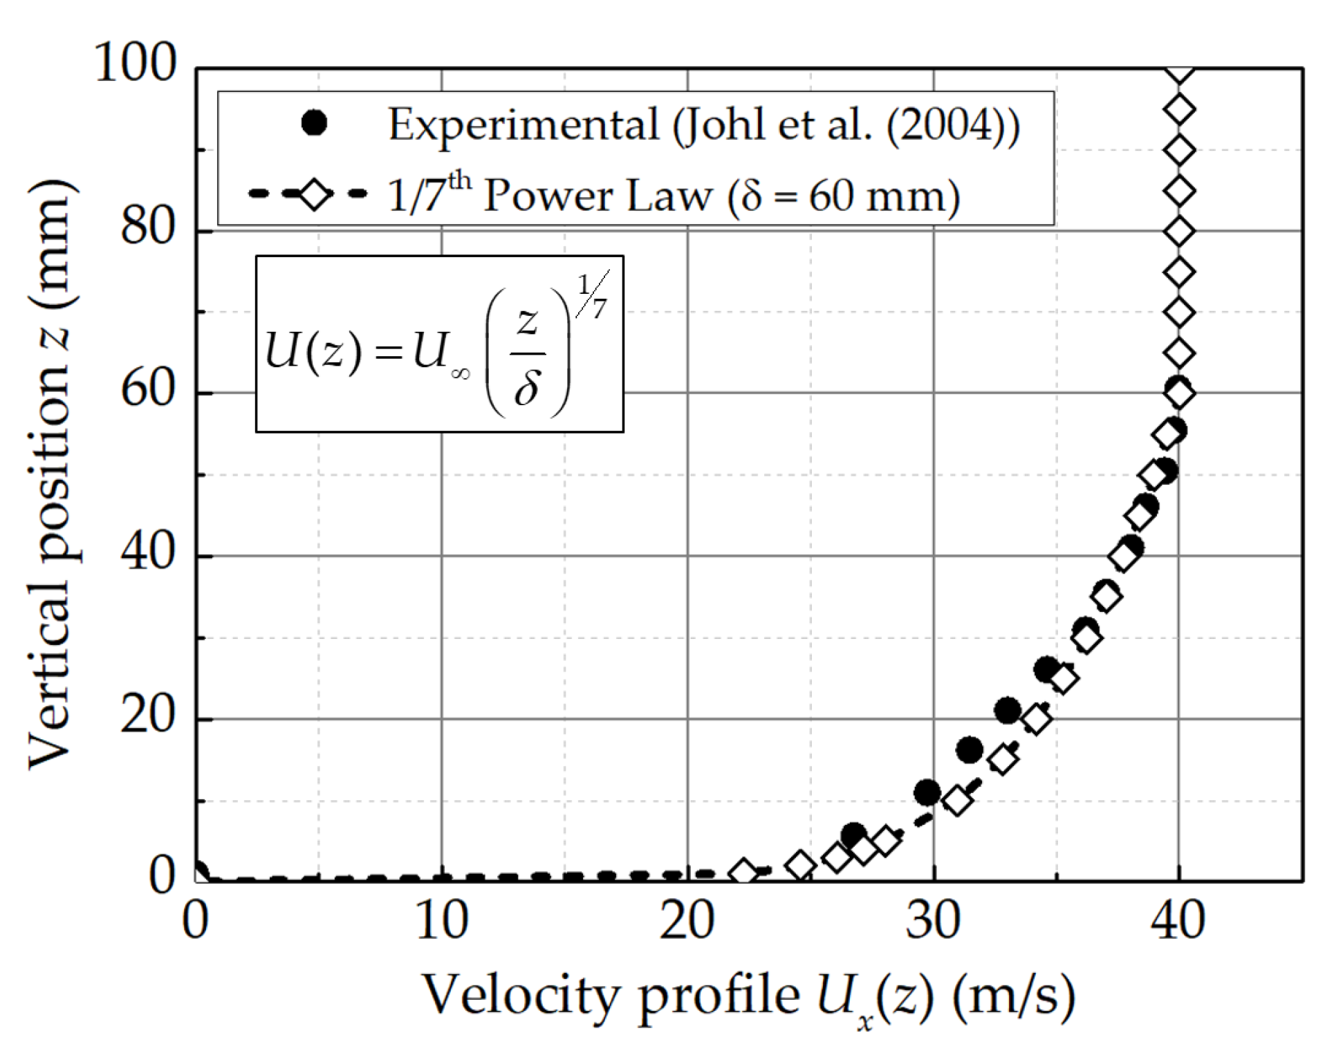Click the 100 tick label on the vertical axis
(136, 63)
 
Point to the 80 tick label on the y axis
(148, 227)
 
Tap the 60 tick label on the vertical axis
(148, 389)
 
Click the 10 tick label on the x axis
(441, 921)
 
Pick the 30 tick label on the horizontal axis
(933, 921)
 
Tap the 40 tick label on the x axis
(1178, 921)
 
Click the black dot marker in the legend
(314, 124)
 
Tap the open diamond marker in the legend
(314, 195)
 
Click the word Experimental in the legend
(523, 125)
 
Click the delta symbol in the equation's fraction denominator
(527, 389)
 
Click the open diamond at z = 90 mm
(1179, 150)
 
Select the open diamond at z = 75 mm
(1179, 272)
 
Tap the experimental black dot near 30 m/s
(927, 792)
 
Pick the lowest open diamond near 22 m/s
(743, 873)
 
